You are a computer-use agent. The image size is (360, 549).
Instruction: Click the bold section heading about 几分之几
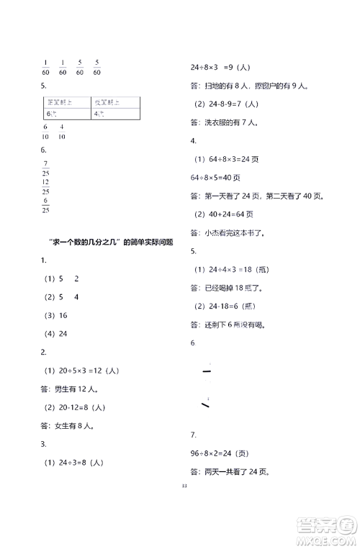pos(108,242)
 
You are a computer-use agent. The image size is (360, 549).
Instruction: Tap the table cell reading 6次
pos(50,114)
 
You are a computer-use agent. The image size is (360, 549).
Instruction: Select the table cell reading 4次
pos(98,114)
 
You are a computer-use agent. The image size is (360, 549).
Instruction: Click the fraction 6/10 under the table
pos(46,132)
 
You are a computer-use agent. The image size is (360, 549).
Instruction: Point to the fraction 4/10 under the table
pos(62,132)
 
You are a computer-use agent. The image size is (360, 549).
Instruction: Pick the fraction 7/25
pos(46,168)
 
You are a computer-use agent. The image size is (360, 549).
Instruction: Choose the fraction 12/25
pos(46,186)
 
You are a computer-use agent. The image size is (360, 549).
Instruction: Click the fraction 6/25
pos(46,205)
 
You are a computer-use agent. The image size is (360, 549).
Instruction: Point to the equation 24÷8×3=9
pos(220,67)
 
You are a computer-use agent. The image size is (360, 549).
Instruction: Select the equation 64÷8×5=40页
pos(215,177)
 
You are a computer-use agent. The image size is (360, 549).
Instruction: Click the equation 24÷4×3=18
pos(230,269)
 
